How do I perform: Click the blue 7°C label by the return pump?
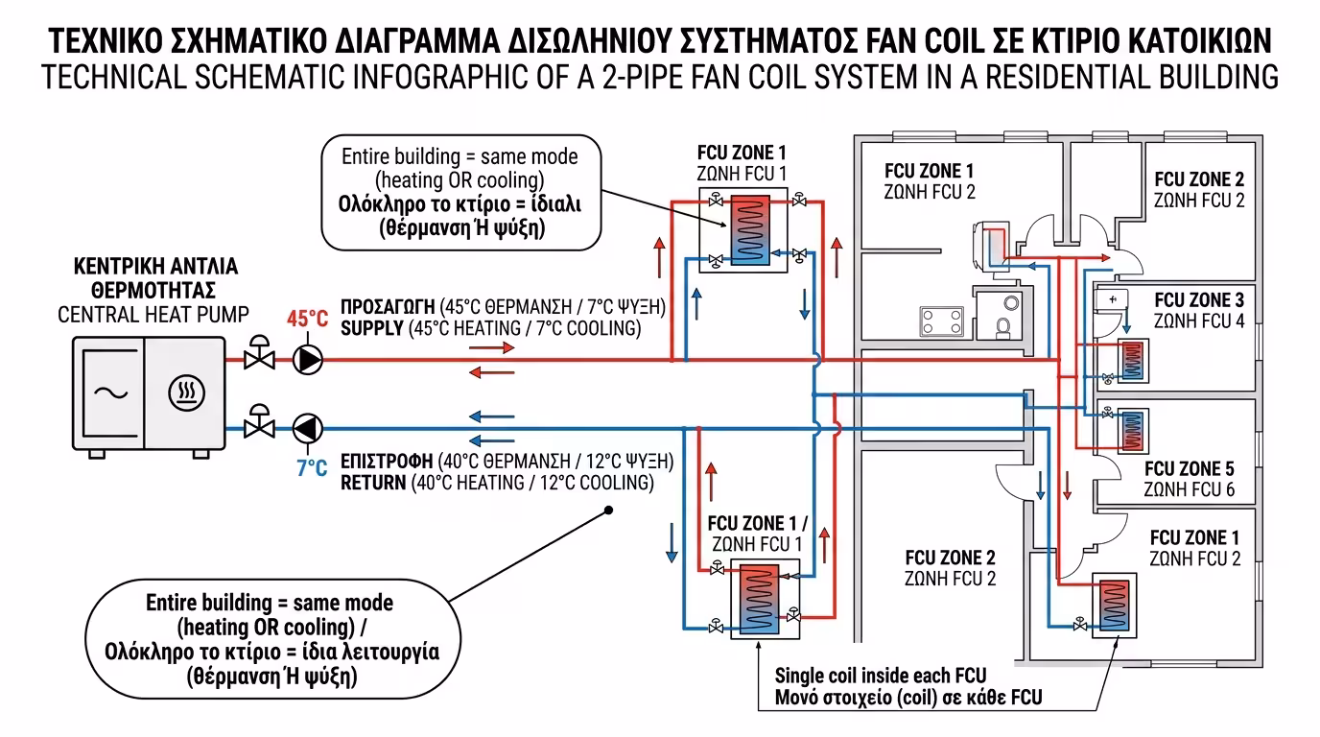311,469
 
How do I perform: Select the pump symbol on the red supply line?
308,359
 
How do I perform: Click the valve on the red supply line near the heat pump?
257,356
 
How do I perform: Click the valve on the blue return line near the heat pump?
257,423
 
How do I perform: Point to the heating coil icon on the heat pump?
184,393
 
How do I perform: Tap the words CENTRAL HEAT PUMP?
153,314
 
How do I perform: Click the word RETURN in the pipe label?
373,482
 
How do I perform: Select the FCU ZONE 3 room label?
1198,300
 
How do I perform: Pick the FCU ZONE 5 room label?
1189,469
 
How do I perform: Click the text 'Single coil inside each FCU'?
880,676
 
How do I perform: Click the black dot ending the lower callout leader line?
608,511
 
